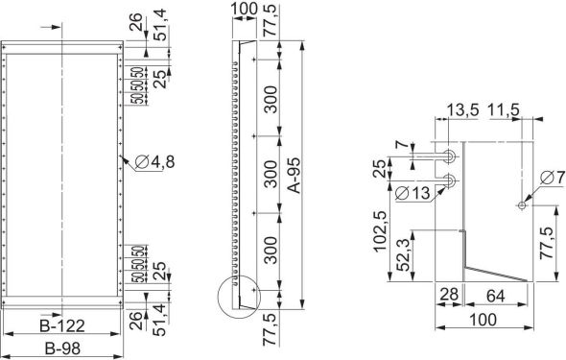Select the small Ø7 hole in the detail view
(520, 204)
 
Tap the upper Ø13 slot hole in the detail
(451, 156)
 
